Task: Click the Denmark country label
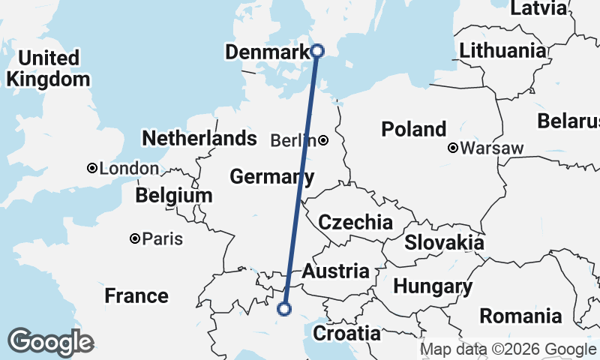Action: point(267,52)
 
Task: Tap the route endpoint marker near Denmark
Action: point(317,51)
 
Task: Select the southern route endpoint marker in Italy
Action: point(284,307)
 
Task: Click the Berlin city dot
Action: point(322,140)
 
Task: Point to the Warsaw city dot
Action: point(453,148)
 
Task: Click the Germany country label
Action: point(271,177)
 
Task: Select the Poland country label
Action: point(413,129)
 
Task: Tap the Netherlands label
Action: point(199,139)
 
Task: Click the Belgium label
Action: point(174,196)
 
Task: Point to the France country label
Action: point(136,295)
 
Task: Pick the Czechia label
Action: point(355,222)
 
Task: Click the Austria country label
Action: point(335,271)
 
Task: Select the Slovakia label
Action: point(444,243)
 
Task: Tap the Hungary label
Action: point(433,286)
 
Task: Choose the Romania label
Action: point(520,316)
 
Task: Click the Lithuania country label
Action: point(502,51)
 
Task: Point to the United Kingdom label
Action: point(47,68)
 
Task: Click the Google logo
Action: point(50,342)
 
